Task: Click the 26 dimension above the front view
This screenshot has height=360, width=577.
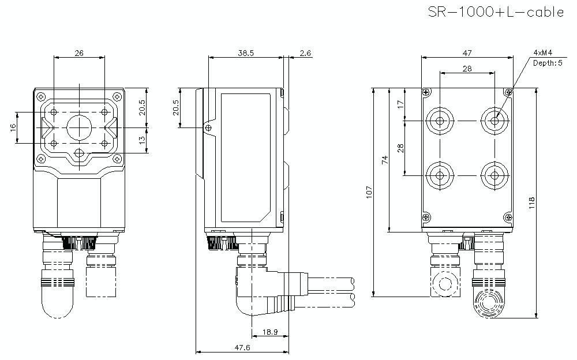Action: (79, 53)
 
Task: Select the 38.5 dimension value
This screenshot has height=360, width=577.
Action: (246, 53)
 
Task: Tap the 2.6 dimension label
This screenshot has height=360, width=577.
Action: (305, 53)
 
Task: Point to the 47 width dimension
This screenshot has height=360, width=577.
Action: (467, 53)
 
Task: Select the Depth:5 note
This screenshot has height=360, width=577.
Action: (547, 63)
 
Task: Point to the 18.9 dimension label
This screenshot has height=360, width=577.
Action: (270, 332)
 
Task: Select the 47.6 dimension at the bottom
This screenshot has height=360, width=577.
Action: (241, 348)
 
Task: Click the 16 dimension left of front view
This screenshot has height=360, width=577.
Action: (13, 127)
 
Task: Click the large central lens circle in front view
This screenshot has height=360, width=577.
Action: (79, 127)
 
